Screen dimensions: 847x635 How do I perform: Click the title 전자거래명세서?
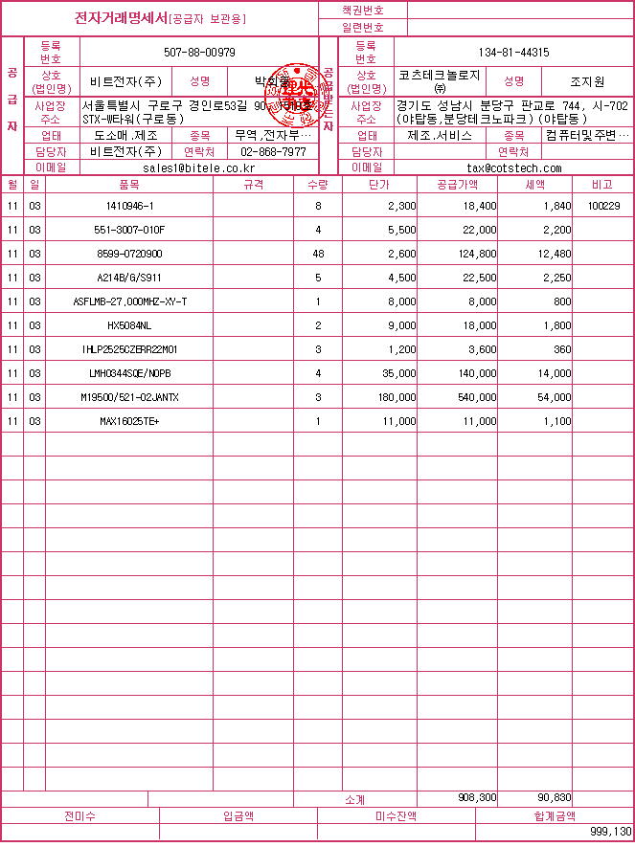coord(122,18)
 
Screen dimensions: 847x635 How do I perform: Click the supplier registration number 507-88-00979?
coord(199,52)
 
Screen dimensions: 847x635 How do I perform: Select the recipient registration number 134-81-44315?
coord(513,52)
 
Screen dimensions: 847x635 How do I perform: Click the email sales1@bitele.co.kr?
coord(199,167)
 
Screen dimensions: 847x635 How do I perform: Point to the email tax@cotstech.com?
coord(513,167)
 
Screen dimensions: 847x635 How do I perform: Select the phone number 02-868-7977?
coord(273,152)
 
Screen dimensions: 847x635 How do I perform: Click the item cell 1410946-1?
coord(129,206)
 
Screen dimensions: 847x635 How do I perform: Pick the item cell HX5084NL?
coord(129,325)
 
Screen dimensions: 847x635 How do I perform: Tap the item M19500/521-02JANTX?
coord(129,397)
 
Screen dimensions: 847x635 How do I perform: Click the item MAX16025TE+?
coord(129,421)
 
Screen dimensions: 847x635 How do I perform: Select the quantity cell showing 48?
coord(318,254)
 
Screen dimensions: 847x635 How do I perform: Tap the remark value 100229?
coord(604,206)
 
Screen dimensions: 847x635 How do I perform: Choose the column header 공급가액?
coord(456,183)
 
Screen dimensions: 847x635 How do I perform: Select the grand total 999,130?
coord(610,832)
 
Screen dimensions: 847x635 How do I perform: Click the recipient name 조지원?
coord(586,81)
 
